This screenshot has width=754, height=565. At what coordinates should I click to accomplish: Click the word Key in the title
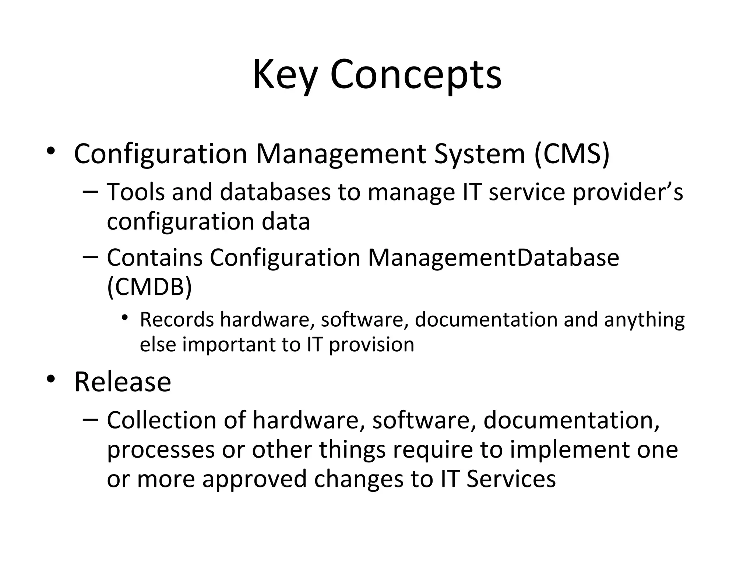[x=285, y=75]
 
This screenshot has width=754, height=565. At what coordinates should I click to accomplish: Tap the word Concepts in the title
[x=416, y=75]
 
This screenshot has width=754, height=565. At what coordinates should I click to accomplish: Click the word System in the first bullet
[x=479, y=153]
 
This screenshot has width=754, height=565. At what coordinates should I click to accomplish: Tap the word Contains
[x=155, y=257]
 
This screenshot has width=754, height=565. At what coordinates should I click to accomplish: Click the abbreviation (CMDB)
[x=149, y=287]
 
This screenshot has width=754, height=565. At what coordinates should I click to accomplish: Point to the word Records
[x=177, y=319]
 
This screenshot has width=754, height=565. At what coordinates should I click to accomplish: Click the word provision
[x=371, y=345]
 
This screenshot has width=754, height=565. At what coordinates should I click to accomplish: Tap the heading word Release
[x=123, y=382]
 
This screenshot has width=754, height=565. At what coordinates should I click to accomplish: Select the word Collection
[x=161, y=420]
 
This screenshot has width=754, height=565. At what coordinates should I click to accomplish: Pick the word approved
[x=254, y=480]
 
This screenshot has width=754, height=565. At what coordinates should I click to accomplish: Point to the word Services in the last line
[x=511, y=479]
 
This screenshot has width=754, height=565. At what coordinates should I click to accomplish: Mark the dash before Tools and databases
[x=90, y=191]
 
